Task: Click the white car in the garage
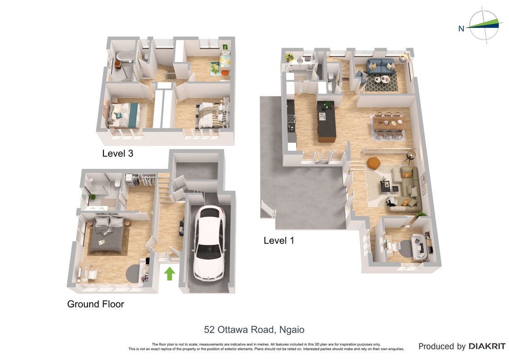209,243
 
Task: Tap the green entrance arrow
170,273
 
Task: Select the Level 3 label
117,153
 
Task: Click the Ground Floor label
95,304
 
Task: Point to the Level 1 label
279,240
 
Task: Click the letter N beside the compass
461,28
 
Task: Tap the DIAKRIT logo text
486,346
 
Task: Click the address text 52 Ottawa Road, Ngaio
254,329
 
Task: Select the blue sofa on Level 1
381,66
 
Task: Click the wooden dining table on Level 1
387,123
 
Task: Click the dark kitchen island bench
326,121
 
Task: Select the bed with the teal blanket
125,115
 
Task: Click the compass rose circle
484,25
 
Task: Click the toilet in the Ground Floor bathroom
117,184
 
